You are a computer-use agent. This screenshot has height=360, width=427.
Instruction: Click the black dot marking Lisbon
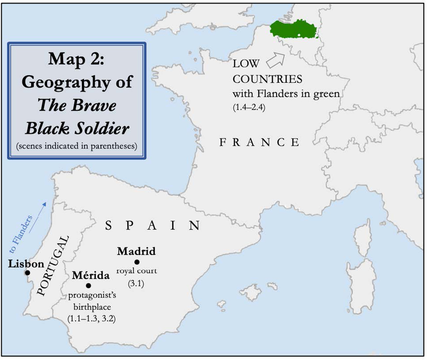27,273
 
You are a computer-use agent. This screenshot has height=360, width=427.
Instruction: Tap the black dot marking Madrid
137,262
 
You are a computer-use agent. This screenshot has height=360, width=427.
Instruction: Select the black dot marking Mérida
88,285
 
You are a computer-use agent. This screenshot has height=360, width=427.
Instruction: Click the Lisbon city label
26,264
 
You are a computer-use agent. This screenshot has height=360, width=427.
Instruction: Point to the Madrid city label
136,251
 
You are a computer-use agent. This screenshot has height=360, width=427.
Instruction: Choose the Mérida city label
88,275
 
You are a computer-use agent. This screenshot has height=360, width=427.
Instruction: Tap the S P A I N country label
153,225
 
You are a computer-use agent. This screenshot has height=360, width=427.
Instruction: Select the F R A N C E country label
259,142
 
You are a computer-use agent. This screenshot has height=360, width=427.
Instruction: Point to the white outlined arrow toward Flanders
275,59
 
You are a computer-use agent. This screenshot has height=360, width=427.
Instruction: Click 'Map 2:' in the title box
76,60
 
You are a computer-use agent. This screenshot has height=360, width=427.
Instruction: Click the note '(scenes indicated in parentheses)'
76,146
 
